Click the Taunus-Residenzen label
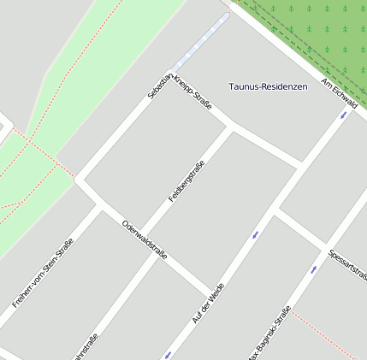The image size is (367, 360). coord(268,86)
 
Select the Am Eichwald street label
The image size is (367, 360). coord(338,93)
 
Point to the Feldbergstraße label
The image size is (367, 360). coord(186,181)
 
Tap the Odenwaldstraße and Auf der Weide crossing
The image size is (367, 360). coord(208,290)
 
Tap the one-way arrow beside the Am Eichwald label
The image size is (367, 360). coord(344,115)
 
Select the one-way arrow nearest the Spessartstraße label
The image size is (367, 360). coord(314,269)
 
